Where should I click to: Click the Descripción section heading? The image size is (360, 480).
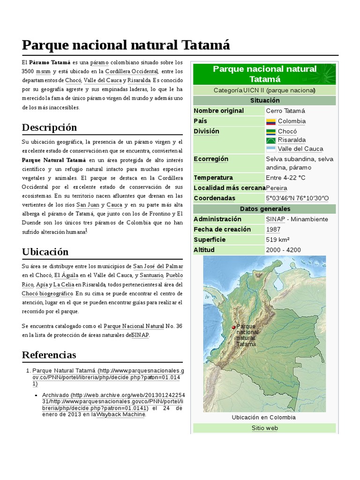[49, 127]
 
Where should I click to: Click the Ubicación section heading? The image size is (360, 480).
[45, 252]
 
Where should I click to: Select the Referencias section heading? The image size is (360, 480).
[49, 354]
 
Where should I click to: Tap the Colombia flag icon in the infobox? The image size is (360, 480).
[271, 121]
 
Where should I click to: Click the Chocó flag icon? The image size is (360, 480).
[271, 132]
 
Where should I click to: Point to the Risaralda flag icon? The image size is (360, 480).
[271, 140]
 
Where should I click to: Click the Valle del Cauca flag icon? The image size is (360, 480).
[271, 149]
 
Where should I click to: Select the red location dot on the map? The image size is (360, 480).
[233, 327]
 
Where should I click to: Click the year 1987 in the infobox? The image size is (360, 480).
[273, 229]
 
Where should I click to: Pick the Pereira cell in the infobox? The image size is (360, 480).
[277, 188]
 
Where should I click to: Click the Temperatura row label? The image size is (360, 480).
[213, 178]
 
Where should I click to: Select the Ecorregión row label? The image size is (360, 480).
[211, 159]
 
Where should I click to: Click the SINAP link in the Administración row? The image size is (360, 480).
[275, 219]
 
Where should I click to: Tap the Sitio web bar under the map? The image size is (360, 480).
[264, 428]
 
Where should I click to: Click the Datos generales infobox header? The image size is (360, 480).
[264, 209]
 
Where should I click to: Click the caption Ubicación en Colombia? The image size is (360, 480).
[264, 417]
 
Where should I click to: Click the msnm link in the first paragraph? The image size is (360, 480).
[45, 72]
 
